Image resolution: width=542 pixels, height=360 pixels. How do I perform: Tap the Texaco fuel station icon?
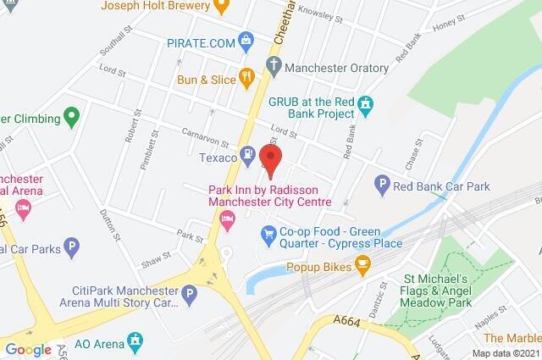coord(246,154)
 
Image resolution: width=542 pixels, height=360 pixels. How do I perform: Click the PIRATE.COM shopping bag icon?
coord(246,38)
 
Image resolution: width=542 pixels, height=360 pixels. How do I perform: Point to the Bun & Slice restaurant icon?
coord(246,78)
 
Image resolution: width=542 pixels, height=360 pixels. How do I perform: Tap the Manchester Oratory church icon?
coord(273,64)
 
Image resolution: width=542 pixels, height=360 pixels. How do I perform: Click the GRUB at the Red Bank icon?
coord(365,105)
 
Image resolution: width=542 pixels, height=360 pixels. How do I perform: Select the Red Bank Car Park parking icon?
coord(382,183)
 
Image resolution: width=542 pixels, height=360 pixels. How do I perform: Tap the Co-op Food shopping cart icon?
coord(268,232)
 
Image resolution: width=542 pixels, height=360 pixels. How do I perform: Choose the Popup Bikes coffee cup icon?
coord(362,264)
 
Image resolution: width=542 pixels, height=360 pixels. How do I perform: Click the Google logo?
coord(29,349)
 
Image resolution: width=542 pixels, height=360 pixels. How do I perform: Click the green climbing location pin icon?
coord(71,117)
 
